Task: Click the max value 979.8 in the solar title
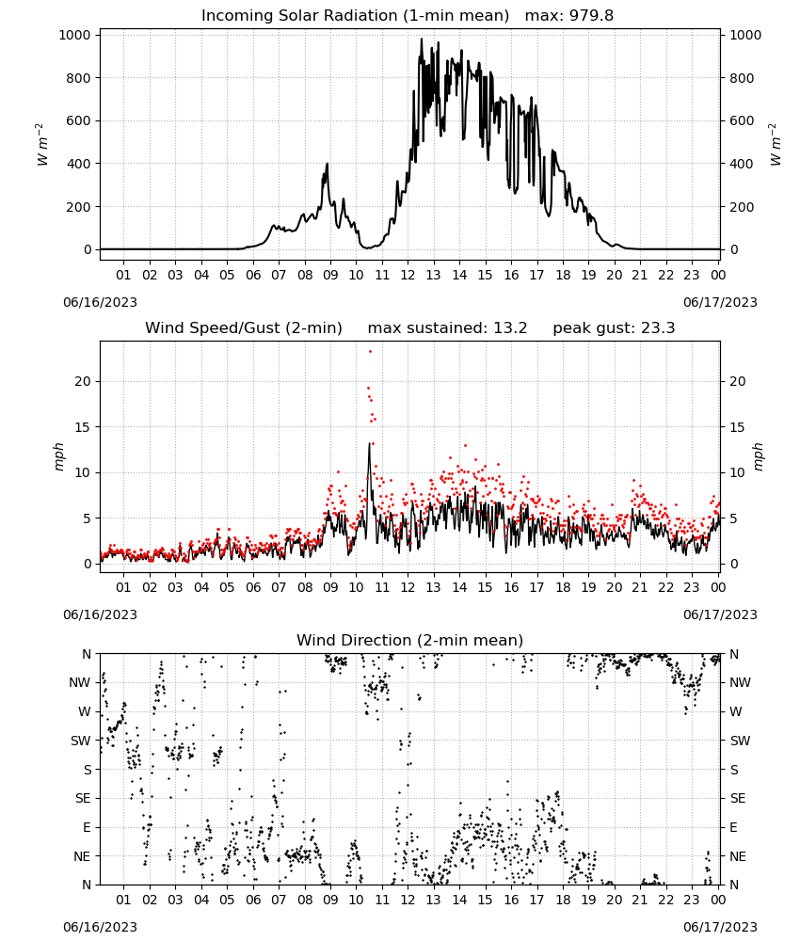591,15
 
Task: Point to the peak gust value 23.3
659,327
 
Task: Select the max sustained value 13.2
510,327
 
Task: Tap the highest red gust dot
370,351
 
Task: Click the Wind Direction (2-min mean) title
410,640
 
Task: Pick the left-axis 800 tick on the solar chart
79,78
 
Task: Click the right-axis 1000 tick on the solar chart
745,35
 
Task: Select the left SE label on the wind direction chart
83,798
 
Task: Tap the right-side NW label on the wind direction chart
740,682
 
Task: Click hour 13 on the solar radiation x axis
433,275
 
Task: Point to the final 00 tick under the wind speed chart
718,587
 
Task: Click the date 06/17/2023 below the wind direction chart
720,927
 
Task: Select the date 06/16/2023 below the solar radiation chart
100,302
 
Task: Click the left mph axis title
58,456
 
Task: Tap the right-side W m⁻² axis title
776,144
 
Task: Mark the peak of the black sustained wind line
369,443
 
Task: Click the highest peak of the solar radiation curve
422,39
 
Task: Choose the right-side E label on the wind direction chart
733,827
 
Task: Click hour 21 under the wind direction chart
640,899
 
